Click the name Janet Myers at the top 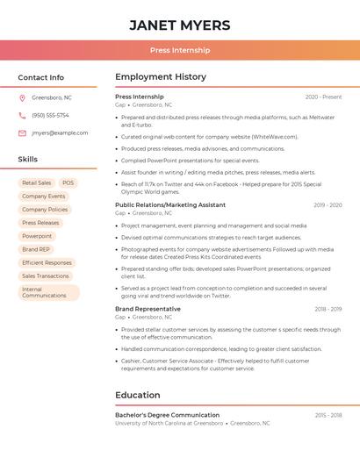[x=179, y=25]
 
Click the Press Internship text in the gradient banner [x=179, y=51]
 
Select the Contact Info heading [x=41, y=77]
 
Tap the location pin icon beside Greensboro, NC [x=22, y=97]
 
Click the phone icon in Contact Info [x=22, y=115]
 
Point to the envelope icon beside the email [x=22, y=132]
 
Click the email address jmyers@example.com [x=60, y=132]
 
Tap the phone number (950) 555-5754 [x=50, y=115]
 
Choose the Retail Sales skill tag [x=36, y=183]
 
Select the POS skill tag [x=68, y=183]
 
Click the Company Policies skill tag [x=45, y=210]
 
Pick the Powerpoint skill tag [x=37, y=236]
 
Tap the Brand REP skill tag [x=36, y=249]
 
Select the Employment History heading [x=161, y=77]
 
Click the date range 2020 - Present [x=323, y=97]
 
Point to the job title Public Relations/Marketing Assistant [x=170, y=204]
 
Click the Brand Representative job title [x=148, y=309]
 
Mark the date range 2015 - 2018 [x=328, y=415]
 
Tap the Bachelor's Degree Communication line [x=167, y=415]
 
